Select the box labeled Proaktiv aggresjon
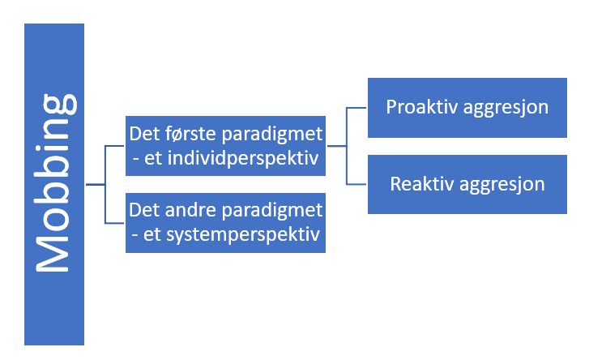click(467, 108)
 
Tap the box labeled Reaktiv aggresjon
click(467, 184)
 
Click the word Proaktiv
click(422, 107)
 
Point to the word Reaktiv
click(422, 184)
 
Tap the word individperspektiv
click(243, 158)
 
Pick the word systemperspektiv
click(243, 235)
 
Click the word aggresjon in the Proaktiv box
click(506, 108)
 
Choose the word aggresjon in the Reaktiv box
click(502, 185)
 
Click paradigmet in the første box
click(272, 135)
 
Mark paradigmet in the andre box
click(272, 211)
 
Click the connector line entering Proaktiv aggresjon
click(356, 108)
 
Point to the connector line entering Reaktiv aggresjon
click(356, 184)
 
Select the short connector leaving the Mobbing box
click(96, 184)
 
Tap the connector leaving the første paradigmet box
click(336, 146)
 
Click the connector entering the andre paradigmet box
click(114, 223)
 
